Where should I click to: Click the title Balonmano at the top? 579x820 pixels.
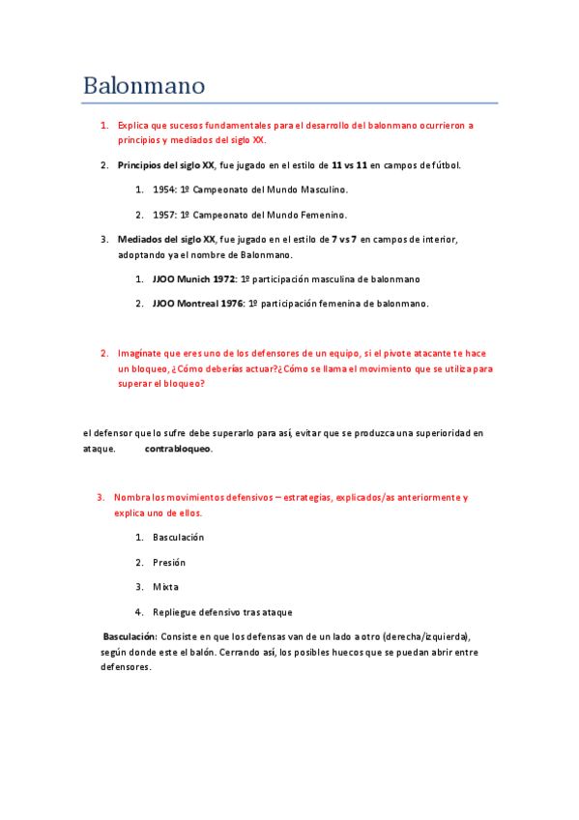point(143,85)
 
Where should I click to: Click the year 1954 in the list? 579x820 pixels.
point(164,190)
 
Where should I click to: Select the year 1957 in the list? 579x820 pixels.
point(164,215)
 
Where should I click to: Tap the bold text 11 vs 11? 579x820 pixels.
point(349,165)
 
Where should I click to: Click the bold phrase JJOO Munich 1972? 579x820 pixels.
point(193,278)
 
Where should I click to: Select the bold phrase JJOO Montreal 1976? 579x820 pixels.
point(198,304)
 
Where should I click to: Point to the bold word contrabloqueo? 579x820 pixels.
point(179,449)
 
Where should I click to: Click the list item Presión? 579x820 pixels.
point(169,562)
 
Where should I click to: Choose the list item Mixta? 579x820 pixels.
point(165,587)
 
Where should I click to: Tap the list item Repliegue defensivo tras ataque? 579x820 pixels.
point(222,612)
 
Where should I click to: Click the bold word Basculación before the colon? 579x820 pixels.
point(130,637)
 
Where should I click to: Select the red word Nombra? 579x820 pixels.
point(134,497)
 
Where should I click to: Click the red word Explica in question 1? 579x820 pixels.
point(135,126)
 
